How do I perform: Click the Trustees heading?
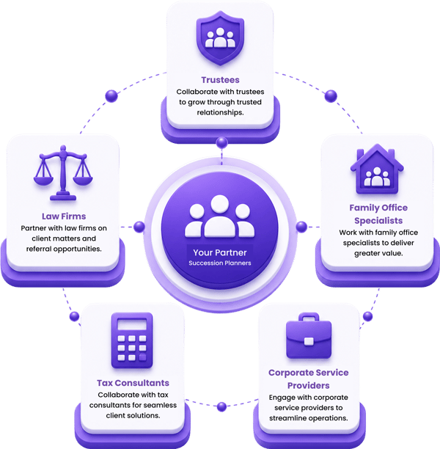(x=220, y=80)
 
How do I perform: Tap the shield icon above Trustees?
(x=220, y=38)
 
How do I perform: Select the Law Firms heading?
(x=64, y=216)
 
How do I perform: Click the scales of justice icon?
(x=63, y=173)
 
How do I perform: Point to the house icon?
(x=377, y=169)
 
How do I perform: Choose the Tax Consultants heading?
(x=133, y=383)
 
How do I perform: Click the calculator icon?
(x=132, y=340)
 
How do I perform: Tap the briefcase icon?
(x=309, y=335)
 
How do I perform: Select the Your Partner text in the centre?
(x=220, y=252)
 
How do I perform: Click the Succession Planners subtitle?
(x=220, y=263)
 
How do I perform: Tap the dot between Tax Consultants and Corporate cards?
(x=221, y=406)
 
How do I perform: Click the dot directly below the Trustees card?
(x=222, y=142)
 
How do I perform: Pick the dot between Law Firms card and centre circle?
(x=139, y=227)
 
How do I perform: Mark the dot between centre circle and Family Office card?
(x=301, y=227)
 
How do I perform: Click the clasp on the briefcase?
(x=309, y=341)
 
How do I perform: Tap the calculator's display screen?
(x=132, y=324)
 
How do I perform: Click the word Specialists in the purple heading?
(x=378, y=221)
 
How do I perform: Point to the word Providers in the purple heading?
(x=308, y=385)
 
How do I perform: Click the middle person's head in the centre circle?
(x=220, y=204)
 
